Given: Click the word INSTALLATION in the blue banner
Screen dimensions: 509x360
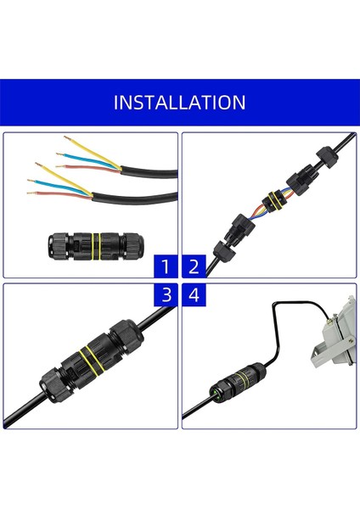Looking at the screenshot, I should coord(179,103).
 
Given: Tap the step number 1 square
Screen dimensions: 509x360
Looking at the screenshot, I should coord(166,267).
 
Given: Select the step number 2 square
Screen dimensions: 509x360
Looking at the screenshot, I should coord(194,267).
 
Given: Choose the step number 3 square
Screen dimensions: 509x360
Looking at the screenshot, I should coord(166,295).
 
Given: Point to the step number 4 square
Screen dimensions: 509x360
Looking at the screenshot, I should coord(194,295).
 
